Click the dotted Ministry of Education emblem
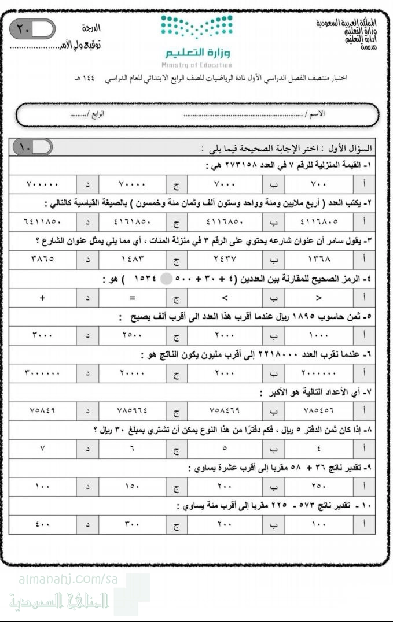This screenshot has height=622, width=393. click(196, 27)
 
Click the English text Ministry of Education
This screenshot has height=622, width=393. click(196, 65)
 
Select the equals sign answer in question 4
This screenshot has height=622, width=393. click(132, 298)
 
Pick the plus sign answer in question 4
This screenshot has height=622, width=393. click(42, 298)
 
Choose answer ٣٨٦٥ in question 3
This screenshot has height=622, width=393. click(42, 259)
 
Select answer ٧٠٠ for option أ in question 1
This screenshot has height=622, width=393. click(318, 184)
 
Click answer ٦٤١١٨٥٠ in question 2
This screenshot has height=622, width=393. click(42, 221)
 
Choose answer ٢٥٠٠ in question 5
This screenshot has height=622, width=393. click(132, 335)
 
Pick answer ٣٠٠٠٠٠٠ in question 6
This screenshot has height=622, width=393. click(42, 373)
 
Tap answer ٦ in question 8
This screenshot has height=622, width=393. click(132, 448)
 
